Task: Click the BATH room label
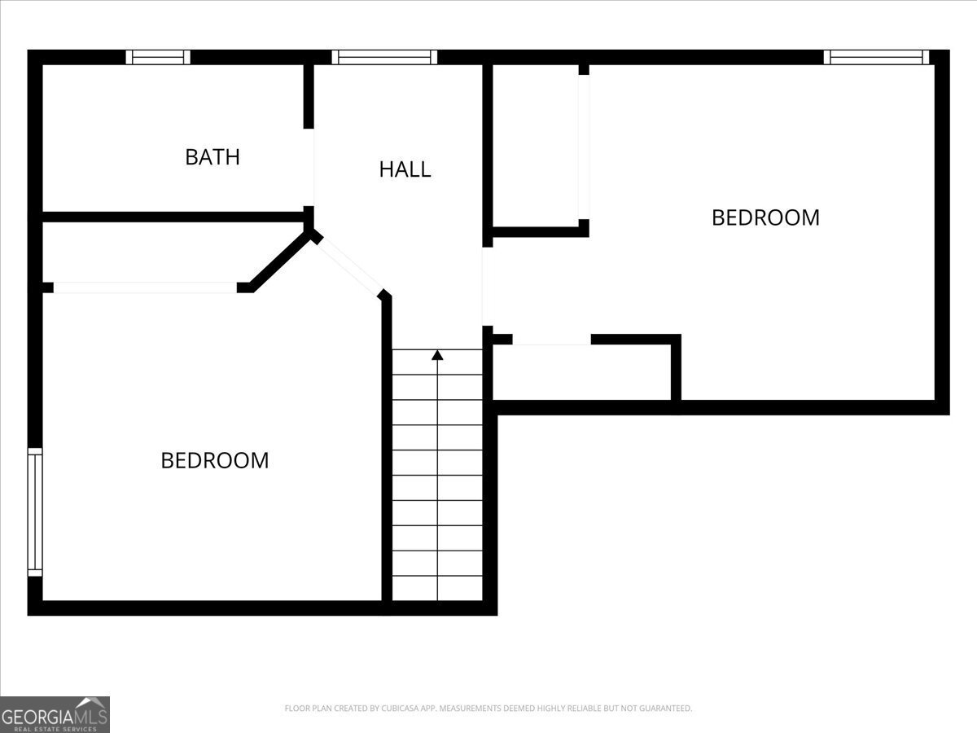212,156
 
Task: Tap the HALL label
405,169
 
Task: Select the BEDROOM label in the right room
765,217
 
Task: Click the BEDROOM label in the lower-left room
215,460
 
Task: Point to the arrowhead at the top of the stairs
437,354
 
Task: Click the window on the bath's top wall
158,57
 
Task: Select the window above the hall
384,57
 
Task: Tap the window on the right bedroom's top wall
876,57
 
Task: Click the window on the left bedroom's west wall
34,511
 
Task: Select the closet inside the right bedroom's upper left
536,147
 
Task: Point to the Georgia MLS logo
55,714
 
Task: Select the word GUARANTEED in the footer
662,709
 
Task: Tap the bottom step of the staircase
437,588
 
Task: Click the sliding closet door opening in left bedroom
145,287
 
